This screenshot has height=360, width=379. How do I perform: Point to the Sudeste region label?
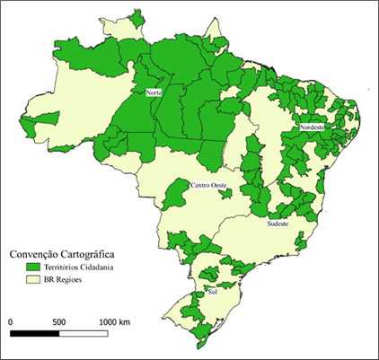pos(278,224)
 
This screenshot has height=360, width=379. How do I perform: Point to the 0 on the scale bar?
pos(11,320)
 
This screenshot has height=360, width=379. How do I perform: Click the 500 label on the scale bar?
pos(59,320)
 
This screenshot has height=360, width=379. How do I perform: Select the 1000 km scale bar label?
pos(115,320)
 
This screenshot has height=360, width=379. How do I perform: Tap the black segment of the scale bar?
pos(34,334)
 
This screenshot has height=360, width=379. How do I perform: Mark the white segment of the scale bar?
pos(84,334)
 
